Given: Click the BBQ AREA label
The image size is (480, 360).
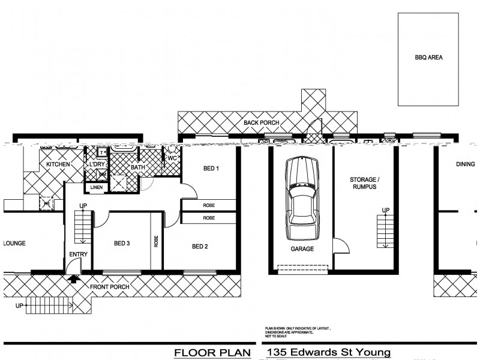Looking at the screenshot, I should pyautogui.click(x=428, y=58).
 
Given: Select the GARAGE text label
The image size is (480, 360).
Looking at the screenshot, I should pyautogui.click(x=302, y=249).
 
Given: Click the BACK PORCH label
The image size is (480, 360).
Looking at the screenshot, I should pyautogui.click(x=261, y=123).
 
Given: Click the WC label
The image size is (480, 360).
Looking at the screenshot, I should pyautogui.click(x=172, y=158).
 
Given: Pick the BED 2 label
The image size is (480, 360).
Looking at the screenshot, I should pyautogui.click(x=200, y=246).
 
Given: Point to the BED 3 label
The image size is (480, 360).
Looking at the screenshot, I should pyautogui.click(x=122, y=243).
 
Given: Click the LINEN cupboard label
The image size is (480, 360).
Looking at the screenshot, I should pyautogui.click(x=97, y=188).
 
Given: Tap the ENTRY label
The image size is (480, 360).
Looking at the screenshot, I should pyautogui.click(x=79, y=254).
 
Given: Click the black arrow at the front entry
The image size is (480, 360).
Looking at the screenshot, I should pyautogui.click(x=74, y=278).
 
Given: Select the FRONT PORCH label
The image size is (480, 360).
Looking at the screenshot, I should pyautogui.click(x=109, y=287).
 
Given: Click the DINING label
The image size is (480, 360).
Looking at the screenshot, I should pyautogui.click(x=465, y=163).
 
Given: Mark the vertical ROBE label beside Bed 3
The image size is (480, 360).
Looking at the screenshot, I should pyautogui.click(x=157, y=241).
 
